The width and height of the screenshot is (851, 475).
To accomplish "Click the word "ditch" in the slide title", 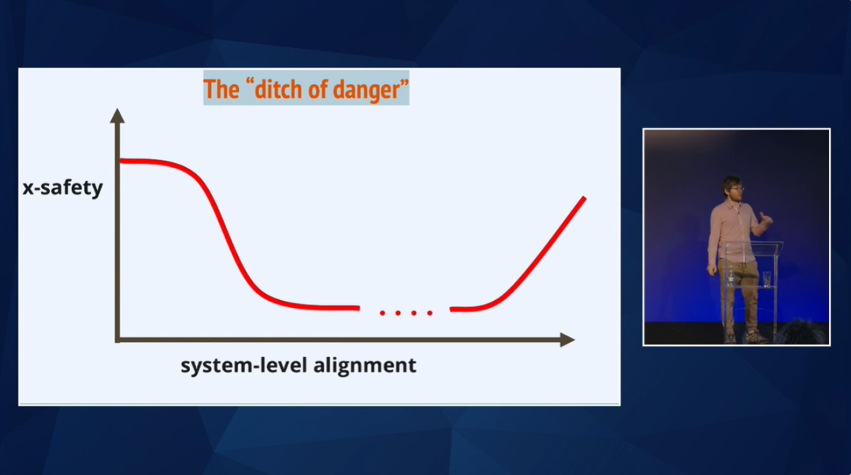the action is tap(280, 89).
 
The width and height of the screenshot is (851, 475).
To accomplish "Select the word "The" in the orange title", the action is tap(221, 89).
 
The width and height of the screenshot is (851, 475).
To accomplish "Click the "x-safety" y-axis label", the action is tap(62, 187).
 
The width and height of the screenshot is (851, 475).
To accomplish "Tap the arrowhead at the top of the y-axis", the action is tap(117, 115).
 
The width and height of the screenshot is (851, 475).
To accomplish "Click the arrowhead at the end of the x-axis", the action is tap(567, 340).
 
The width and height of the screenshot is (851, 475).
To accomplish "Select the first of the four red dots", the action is tap(382, 313).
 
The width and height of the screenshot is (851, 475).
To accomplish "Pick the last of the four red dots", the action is tap(430, 313).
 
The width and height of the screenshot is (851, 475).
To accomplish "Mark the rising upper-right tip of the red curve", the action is tap(585, 199).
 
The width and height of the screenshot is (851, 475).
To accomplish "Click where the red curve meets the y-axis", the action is tap(121, 161).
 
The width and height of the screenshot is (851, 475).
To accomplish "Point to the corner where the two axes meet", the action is tap(117, 340).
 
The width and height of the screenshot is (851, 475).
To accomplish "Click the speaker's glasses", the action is tap(737, 188).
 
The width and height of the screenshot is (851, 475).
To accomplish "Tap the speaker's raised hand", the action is tap(765, 217).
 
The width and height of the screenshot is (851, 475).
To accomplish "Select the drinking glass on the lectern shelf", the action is tap(767, 279).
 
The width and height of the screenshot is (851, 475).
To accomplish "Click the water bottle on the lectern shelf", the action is tap(731, 276).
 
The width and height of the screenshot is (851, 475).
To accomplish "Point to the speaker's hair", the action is tap(732, 181).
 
